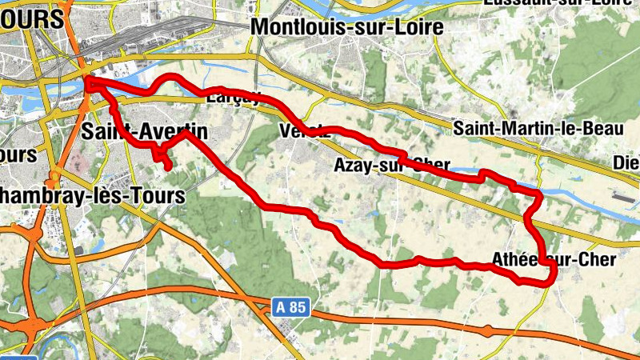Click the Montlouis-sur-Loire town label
coord(346,26)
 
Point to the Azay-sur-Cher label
coord(392,166)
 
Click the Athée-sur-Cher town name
coord(554,260)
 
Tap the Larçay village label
coord(234,98)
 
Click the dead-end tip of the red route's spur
coord(169,167)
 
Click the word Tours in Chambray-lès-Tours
coord(158,195)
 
